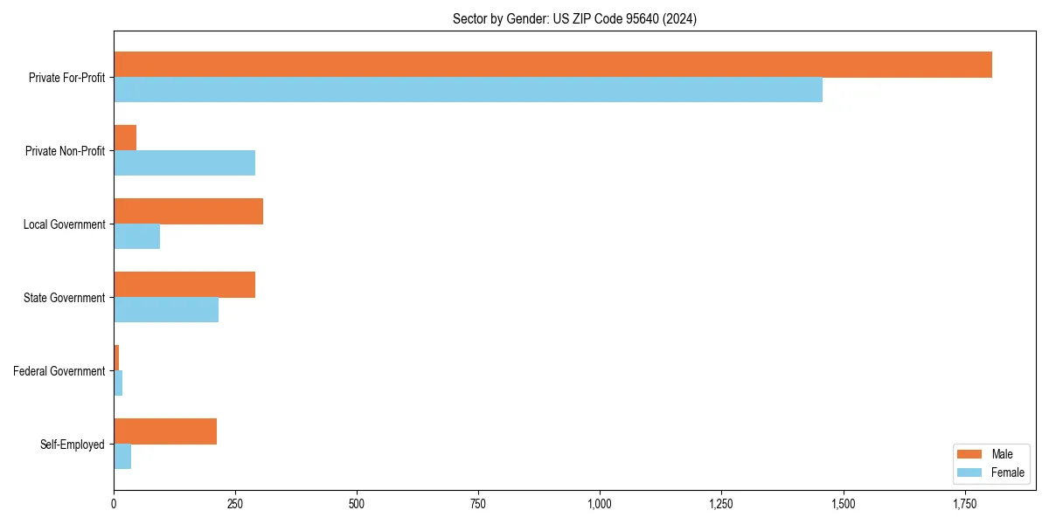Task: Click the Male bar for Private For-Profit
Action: coord(552,65)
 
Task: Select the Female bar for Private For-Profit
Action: coord(468,90)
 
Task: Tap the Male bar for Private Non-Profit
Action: coord(125,138)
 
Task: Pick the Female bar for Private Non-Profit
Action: coord(184,163)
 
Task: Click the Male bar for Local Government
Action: coord(188,211)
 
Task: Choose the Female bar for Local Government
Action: coord(136,237)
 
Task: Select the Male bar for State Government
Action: coord(184,285)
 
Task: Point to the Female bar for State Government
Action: coord(166,310)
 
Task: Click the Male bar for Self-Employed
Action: coord(165,431)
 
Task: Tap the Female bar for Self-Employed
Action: coord(122,457)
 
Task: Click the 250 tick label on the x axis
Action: coord(235,504)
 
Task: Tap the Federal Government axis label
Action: coord(59,371)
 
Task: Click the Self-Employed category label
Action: coord(73,445)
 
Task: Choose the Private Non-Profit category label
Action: coord(66,151)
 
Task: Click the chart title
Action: coord(574,18)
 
